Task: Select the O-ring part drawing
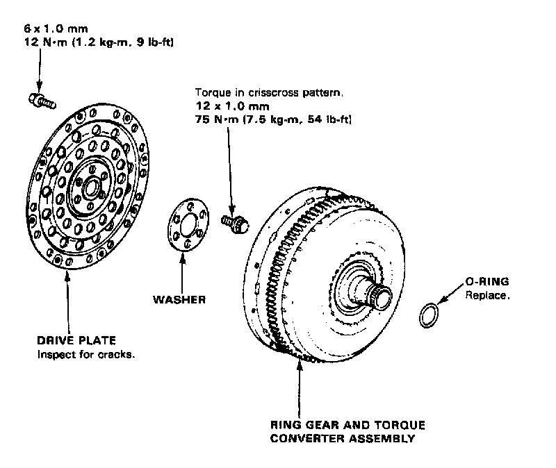[430, 315]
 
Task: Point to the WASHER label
[179, 300]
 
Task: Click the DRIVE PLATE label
[76, 340]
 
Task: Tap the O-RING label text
[486, 282]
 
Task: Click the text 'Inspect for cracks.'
[85, 355]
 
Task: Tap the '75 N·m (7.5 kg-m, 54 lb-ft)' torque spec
[273, 119]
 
